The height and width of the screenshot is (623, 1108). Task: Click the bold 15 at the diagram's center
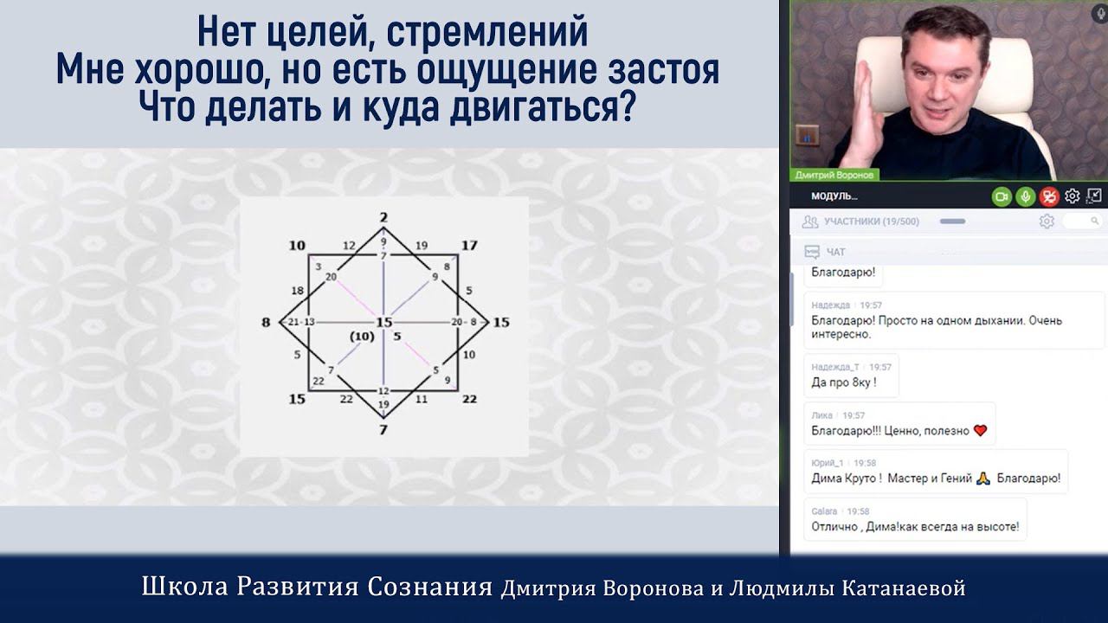coord(383,323)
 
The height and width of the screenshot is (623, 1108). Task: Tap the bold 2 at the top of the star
coord(383,217)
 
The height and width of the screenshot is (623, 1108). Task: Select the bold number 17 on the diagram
coord(468,246)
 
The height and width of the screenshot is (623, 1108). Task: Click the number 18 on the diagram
coord(298,291)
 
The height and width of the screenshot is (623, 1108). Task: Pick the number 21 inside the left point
coord(293,323)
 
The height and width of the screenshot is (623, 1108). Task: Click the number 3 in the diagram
coord(319,267)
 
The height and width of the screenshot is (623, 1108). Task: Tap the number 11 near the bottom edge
coord(422,399)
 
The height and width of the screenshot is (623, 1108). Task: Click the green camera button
coord(1002,196)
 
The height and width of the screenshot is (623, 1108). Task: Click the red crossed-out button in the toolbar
coord(1049,196)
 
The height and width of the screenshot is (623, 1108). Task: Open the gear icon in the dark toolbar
coord(1073,196)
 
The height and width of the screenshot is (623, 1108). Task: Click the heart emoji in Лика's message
coord(980,430)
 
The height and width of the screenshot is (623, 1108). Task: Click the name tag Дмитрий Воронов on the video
coord(834,175)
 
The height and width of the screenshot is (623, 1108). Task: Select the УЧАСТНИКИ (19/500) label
coord(871,222)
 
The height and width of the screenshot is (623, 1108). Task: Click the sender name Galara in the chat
coord(823,511)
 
